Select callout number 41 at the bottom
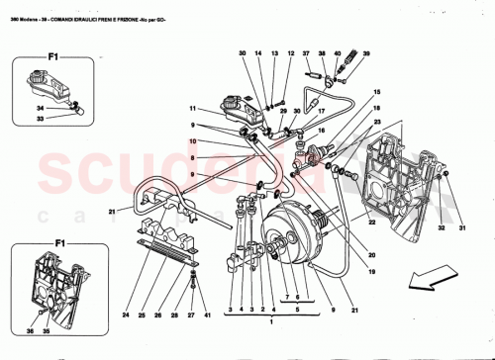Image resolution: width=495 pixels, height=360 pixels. click(x=207, y=316)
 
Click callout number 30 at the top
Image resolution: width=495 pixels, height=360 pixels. click(x=243, y=53)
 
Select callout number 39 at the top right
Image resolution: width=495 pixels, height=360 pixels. click(x=365, y=53)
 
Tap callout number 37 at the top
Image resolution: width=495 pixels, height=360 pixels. click(x=307, y=53)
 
